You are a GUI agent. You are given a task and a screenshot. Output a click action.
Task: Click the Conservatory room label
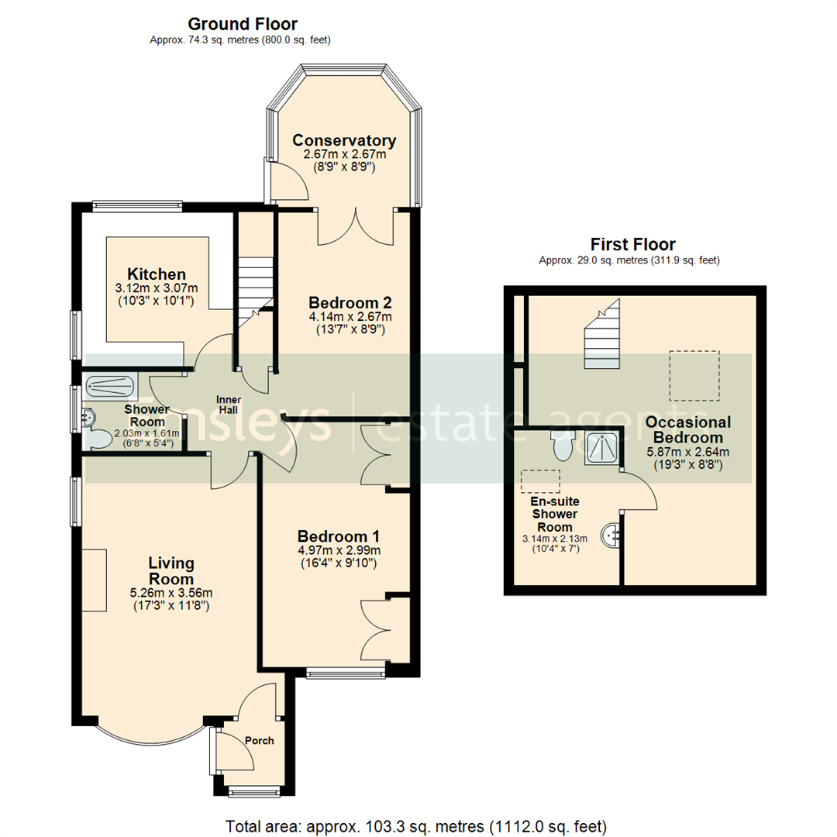[344, 140]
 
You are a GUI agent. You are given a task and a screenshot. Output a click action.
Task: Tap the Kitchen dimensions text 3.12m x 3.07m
[157, 288]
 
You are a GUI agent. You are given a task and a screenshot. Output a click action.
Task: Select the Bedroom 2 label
[350, 302]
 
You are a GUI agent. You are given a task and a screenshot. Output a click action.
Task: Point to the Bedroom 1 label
[339, 536]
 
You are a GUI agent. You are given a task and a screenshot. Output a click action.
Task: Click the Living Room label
[171, 570]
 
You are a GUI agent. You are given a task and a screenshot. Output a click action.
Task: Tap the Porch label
[259, 740]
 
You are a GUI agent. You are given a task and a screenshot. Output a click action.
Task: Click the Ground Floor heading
[243, 24]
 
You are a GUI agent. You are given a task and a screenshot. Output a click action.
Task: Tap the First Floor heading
[632, 244]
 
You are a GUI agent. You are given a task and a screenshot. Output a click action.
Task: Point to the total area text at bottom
[415, 825]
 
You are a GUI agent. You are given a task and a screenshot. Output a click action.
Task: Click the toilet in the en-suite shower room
[561, 445]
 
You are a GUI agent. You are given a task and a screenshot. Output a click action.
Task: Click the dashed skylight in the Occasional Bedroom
[694, 375]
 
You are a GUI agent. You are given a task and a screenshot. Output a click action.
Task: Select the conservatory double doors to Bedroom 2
[355, 226]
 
